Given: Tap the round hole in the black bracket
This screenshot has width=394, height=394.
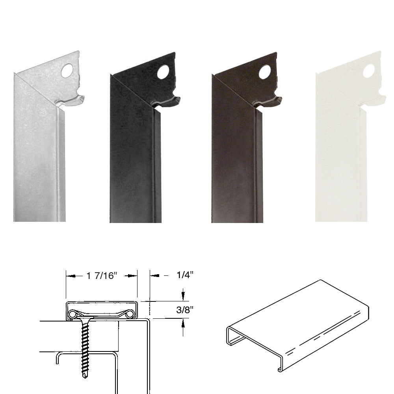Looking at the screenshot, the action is [x=163, y=72].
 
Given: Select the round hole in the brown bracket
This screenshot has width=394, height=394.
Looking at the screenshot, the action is [x=265, y=72].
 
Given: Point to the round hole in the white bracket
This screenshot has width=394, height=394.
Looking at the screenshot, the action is [x=369, y=71].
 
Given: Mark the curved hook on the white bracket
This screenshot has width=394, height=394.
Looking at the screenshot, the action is [x=374, y=100].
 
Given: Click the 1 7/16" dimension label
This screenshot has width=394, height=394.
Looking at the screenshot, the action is [x=102, y=276].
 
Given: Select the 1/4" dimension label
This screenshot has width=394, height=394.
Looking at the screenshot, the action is [x=185, y=275].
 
